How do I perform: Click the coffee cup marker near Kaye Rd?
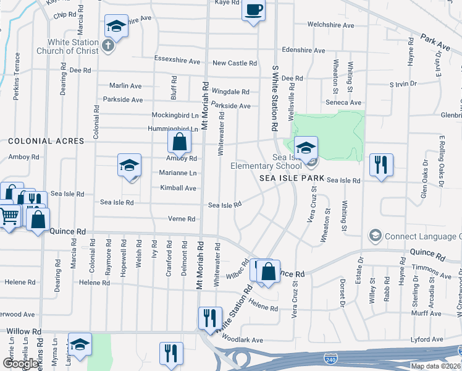coord(253,11)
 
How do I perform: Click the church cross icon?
coord(107,45)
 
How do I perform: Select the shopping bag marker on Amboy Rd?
coord(178,142)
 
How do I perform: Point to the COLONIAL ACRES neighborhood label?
coord(46,141)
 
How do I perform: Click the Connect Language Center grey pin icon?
coord(374,236)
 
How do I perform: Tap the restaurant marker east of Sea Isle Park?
coord(380,164)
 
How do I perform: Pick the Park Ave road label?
coord(435,42)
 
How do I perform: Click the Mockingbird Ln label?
coord(175,115)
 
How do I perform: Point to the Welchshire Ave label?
coord(331,25)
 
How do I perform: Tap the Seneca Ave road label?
coord(345,103)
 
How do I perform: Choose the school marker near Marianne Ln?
coord(129,166)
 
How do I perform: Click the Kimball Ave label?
coord(178,188)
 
